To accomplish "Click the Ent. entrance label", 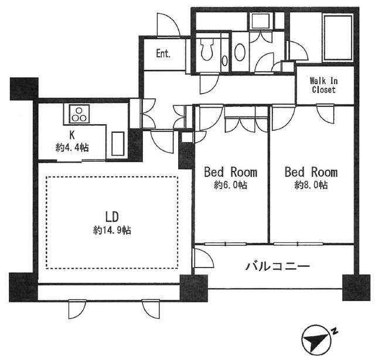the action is coord(163,53).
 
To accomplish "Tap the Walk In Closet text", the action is coord(324,85).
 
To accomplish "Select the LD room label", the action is coord(112,217).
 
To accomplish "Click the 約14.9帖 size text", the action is coord(112,230).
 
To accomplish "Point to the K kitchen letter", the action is coord(71,135).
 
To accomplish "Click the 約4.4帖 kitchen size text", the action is coord(72,148).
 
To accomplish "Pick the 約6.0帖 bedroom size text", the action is coord(230,185).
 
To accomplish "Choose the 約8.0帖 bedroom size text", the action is coord(311,185).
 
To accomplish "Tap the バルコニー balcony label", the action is coord(277,266).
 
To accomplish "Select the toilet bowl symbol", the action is coord(207,49).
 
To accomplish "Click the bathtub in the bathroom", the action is coord(337,37).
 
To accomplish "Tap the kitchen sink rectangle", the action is coord(118,144).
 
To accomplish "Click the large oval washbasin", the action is coord(240,53).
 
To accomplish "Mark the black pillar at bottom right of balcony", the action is coord(356,287).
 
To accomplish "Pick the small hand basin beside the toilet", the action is coord(224,61).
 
